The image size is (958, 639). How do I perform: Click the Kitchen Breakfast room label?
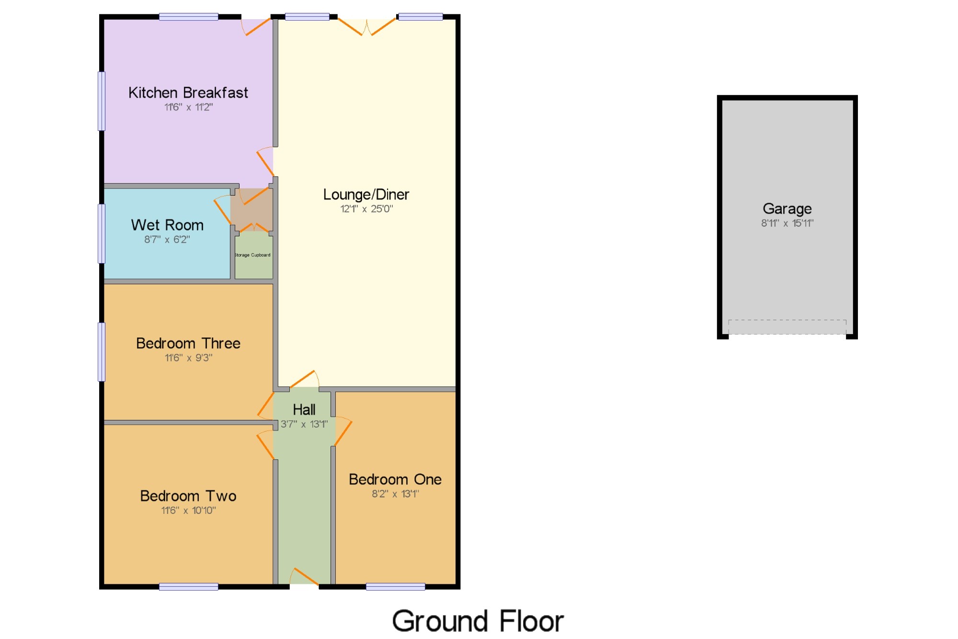click(188, 93)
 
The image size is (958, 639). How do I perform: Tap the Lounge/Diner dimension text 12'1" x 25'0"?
click(366, 209)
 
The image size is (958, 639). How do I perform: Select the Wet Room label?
click(167, 225)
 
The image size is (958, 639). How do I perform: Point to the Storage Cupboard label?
click(252, 255)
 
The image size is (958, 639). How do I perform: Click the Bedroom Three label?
click(188, 343)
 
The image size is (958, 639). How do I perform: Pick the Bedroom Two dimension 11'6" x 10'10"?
click(188, 511)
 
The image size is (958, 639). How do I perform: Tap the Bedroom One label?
click(395, 479)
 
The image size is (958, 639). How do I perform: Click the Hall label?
click(304, 410)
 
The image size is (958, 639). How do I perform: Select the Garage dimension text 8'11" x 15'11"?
click(787, 223)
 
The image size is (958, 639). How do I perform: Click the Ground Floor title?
click(478, 621)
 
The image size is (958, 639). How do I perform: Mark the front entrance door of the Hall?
click(304, 576)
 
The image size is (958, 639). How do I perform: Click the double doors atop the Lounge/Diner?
click(367, 26)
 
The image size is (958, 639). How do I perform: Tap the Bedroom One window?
click(395, 587)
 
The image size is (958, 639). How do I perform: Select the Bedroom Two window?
click(188, 587)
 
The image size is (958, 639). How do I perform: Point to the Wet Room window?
click(102, 233)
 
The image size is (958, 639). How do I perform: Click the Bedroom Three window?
click(102, 352)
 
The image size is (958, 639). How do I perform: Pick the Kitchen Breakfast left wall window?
click(102, 101)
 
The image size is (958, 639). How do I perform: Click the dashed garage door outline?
click(787, 326)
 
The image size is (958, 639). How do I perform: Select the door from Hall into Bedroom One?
click(343, 431)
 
